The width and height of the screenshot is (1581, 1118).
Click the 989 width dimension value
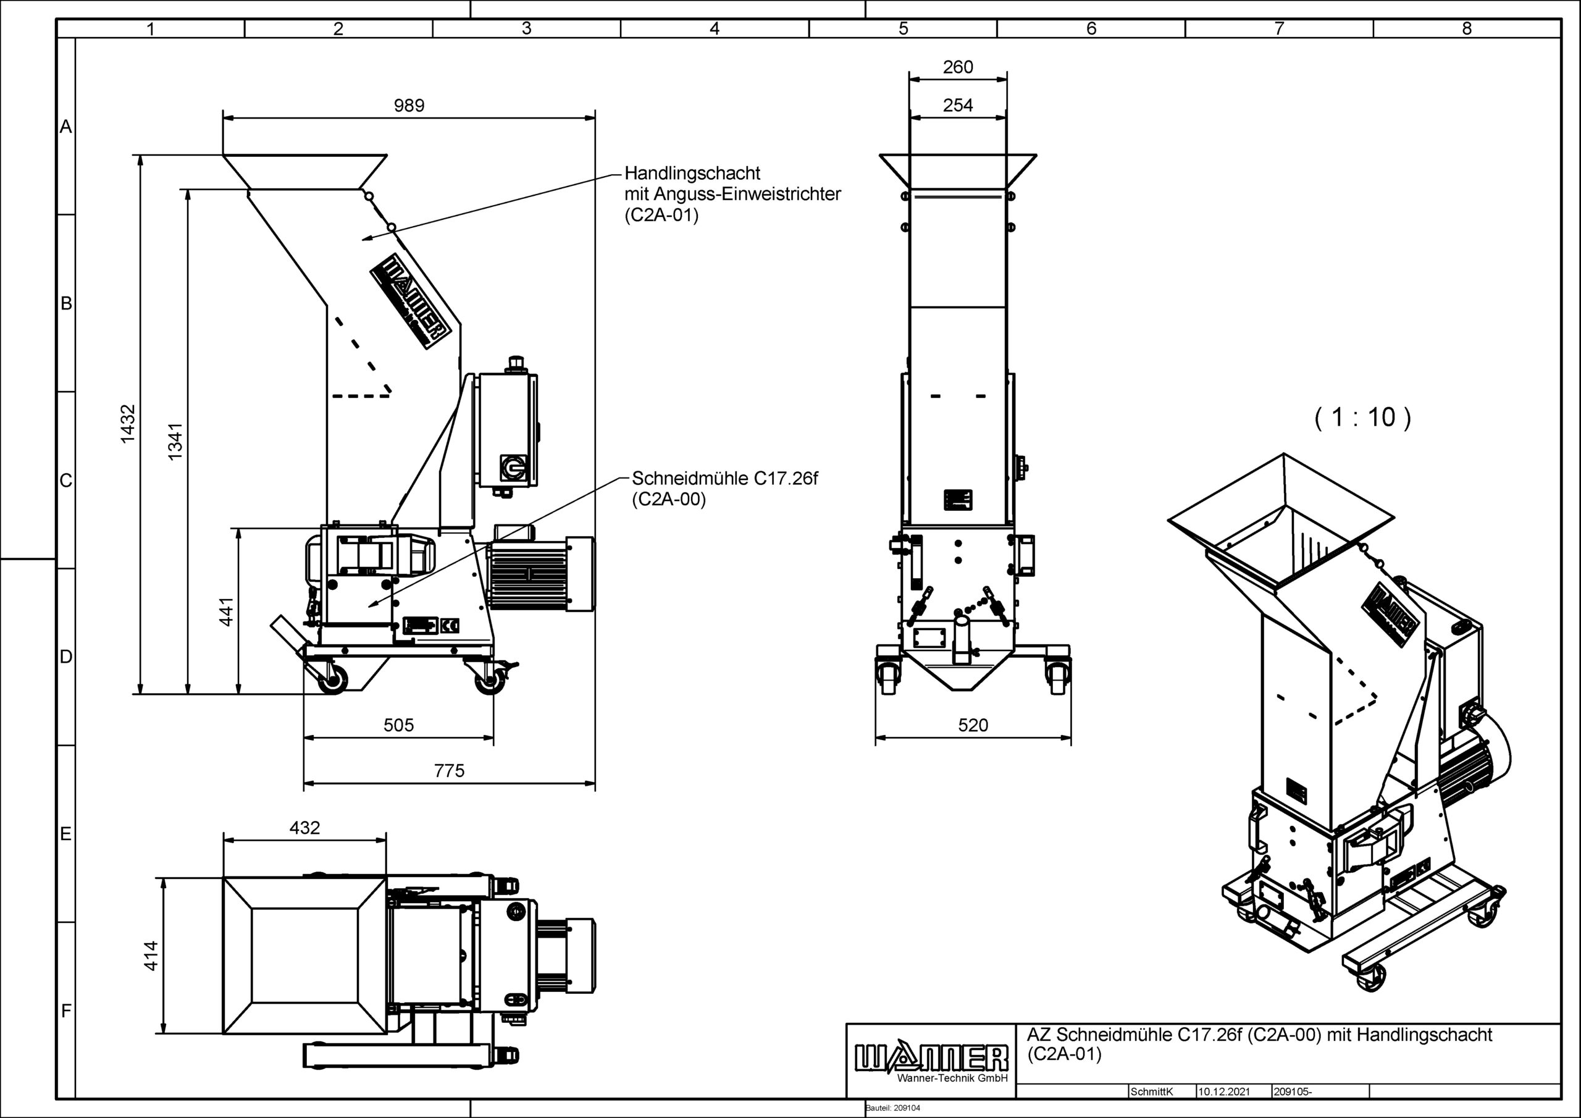[409, 106]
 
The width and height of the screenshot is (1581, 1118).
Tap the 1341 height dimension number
[175, 442]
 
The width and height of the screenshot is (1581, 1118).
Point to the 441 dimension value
[227, 612]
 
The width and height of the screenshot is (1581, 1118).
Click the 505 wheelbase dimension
[399, 725]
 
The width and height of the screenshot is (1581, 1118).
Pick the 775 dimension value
[449, 771]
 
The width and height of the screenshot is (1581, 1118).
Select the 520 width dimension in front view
[973, 725]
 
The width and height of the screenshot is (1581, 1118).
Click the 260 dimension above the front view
[958, 67]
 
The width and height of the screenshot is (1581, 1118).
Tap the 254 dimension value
[958, 106]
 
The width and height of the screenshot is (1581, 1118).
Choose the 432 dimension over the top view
[304, 828]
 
